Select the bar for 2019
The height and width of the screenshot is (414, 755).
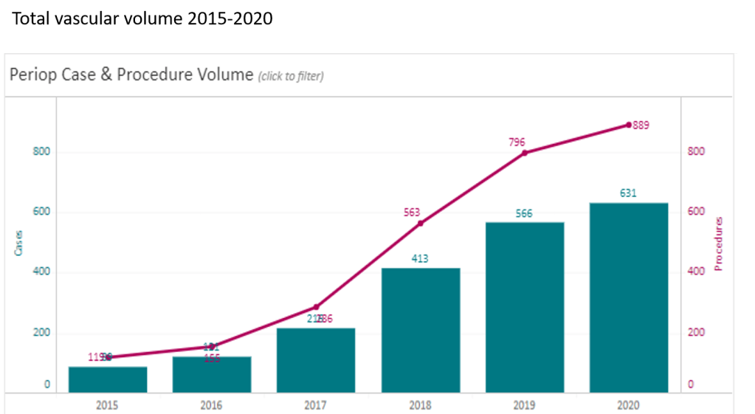pos(524,307)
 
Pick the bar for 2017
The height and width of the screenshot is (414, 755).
pos(316,360)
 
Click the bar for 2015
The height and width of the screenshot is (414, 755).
pos(108,379)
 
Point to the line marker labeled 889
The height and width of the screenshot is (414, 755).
pos(629,125)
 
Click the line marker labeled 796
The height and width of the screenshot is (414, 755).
pos(525,153)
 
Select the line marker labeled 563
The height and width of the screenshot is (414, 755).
pos(421,223)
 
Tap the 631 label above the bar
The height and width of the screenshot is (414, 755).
pos(628,193)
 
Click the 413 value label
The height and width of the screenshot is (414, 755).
pos(420,258)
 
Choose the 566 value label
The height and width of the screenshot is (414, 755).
pos(524,213)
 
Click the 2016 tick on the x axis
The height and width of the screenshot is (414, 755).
pos(212,405)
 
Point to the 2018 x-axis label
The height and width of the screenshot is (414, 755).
pos(420,405)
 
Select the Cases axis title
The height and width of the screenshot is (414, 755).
pos(19,244)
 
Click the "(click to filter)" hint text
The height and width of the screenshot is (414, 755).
pos(290,76)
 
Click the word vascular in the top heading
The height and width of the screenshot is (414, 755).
pos(85,18)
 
